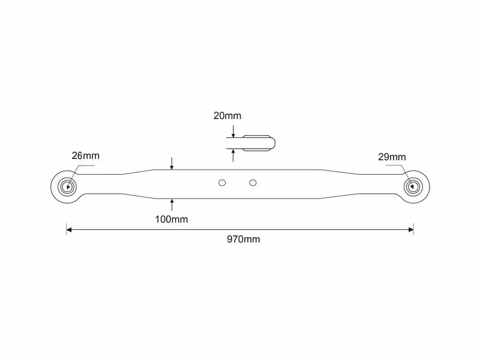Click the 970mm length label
(x=244, y=239)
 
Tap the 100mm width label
(x=172, y=219)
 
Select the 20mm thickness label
(x=227, y=116)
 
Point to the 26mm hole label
(x=86, y=155)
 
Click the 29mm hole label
(x=392, y=157)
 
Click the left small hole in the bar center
(x=222, y=183)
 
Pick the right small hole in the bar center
(x=253, y=183)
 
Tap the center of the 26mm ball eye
(x=68, y=187)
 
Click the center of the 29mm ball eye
(x=413, y=187)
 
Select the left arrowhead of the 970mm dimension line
(x=69, y=230)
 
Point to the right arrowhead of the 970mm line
(x=411, y=230)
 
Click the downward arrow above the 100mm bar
(x=172, y=163)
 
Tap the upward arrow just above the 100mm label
(x=172, y=205)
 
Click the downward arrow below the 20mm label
(x=233, y=131)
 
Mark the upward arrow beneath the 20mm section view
(x=233, y=155)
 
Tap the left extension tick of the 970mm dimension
(x=67, y=229)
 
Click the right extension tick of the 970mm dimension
(x=413, y=229)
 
